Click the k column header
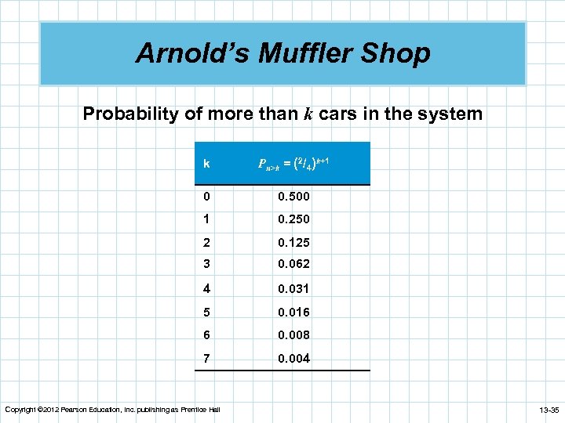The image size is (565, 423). (x=206, y=164)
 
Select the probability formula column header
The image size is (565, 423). (x=293, y=164)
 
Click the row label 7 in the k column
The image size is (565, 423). (x=206, y=358)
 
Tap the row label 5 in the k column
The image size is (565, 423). (x=206, y=312)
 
